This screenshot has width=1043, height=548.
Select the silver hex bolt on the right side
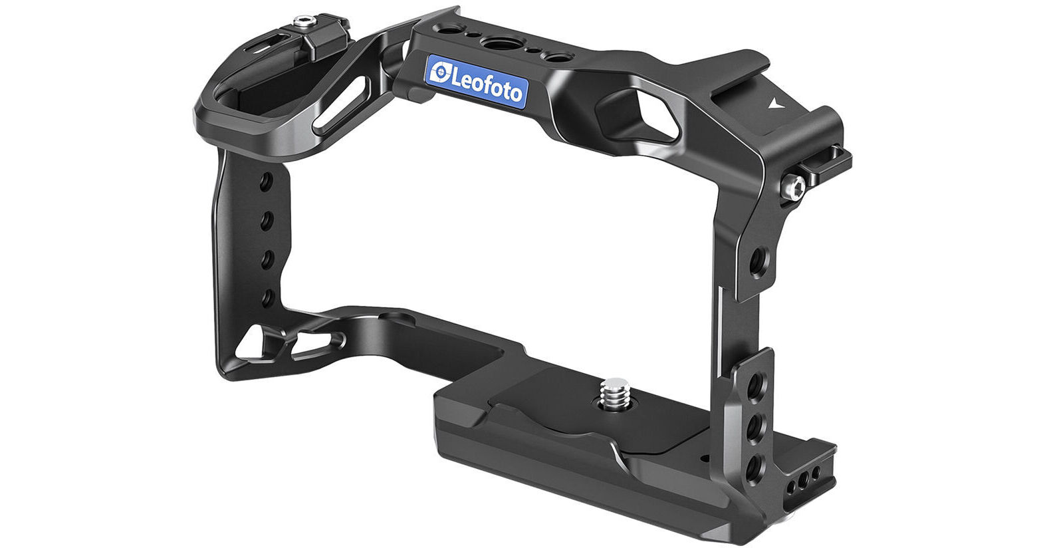pyautogui.click(x=795, y=187)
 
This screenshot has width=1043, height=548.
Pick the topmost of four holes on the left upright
pyautogui.click(x=267, y=181)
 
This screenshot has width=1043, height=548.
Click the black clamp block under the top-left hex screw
pyautogui.click(x=318, y=44)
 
